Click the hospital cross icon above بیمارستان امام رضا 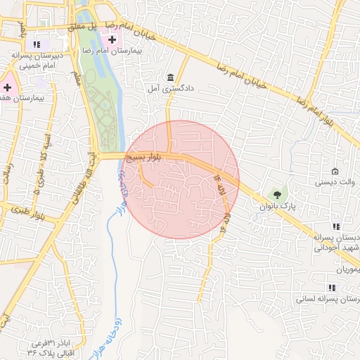[x=112, y=39]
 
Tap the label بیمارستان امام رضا [x=112, y=51]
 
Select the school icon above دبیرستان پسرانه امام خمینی [x=37, y=44]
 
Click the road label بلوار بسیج [x=144, y=160]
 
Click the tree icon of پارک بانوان [x=278, y=193]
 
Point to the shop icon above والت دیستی [x=335, y=172]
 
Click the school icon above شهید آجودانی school [x=335, y=226]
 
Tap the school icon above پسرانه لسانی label [x=331, y=288]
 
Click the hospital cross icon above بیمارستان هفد [x=8, y=88]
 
